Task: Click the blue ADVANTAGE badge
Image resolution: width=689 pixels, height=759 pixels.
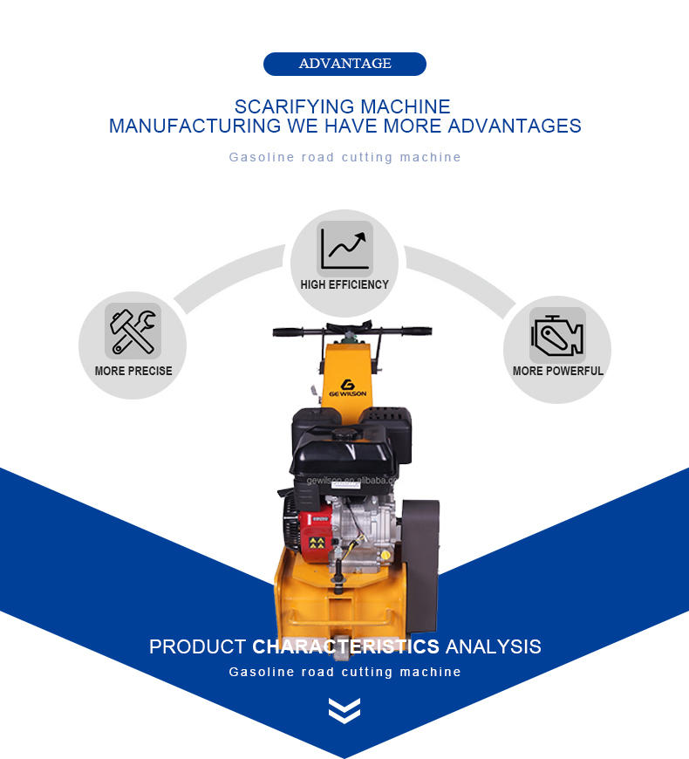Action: [x=344, y=64]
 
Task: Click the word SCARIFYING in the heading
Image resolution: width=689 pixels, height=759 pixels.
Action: [x=284, y=106]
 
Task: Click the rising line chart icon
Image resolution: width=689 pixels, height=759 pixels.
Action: [x=344, y=248]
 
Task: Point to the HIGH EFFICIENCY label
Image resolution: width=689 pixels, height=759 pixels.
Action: [x=344, y=284]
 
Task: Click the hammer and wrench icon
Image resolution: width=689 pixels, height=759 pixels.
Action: [x=133, y=332]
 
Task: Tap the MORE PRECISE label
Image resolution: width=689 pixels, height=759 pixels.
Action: [x=133, y=371]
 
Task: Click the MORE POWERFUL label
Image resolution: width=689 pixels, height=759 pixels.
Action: [x=557, y=371]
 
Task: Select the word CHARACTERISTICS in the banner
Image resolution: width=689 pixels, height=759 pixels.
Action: [x=345, y=647]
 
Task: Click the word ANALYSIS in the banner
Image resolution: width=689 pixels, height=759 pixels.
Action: [x=493, y=647]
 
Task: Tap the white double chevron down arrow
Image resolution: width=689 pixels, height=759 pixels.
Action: [x=344, y=710]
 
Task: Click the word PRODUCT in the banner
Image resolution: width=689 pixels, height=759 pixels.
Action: [x=197, y=647]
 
